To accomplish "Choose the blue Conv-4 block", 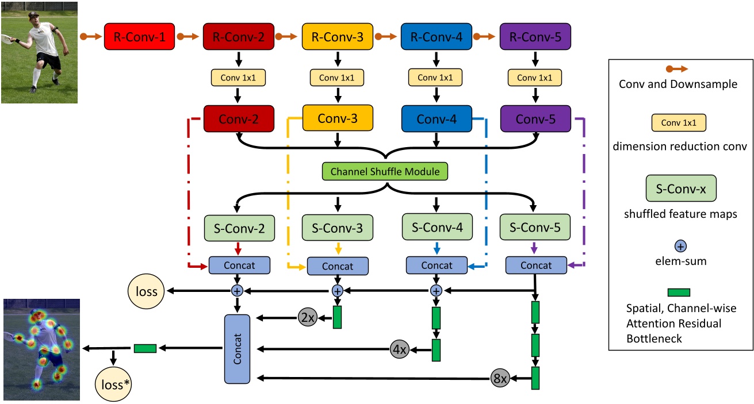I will tap(437, 120).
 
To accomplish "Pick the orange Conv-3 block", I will tap(338, 120).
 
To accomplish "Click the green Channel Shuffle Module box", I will tap(386, 172).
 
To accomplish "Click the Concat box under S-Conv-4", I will tap(437, 266).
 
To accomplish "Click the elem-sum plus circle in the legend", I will tap(680, 246).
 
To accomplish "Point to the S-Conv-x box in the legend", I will tap(681, 188).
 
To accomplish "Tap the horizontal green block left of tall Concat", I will tap(145, 348).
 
